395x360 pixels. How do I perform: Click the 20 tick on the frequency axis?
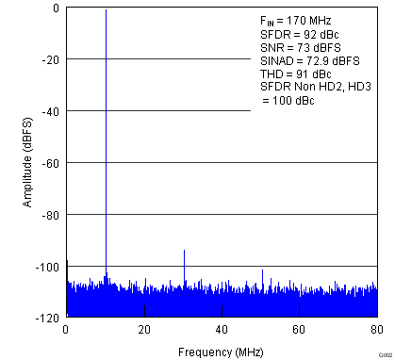click(144, 329)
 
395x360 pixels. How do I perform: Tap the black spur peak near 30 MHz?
click(184, 252)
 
